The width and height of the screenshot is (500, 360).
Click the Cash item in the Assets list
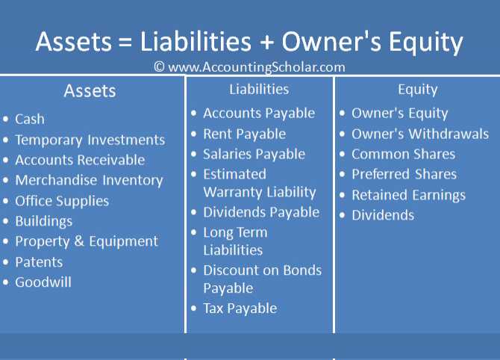click(x=30, y=119)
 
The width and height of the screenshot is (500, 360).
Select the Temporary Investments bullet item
click(x=90, y=140)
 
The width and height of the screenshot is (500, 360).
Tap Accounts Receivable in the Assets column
click(x=80, y=160)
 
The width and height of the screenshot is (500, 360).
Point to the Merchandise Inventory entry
click(x=89, y=180)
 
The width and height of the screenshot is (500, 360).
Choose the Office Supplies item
click(x=62, y=201)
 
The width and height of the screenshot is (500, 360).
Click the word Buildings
click(x=44, y=221)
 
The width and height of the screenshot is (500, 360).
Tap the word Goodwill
click(x=43, y=282)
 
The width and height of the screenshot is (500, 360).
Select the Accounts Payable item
click(x=259, y=114)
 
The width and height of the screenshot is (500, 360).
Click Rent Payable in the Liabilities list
click(x=244, y=134)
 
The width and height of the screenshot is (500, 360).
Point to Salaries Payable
click(x=254, y=154)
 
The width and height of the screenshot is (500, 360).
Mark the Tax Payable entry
click(x=240, y=308)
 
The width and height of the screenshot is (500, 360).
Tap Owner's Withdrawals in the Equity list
click(x=420, y=134)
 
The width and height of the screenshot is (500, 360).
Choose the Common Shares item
click(x=403, y=155)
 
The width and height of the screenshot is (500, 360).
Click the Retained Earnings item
click(x=408, y=195)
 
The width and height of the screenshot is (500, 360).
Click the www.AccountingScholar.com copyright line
click(x=249, y=66)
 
